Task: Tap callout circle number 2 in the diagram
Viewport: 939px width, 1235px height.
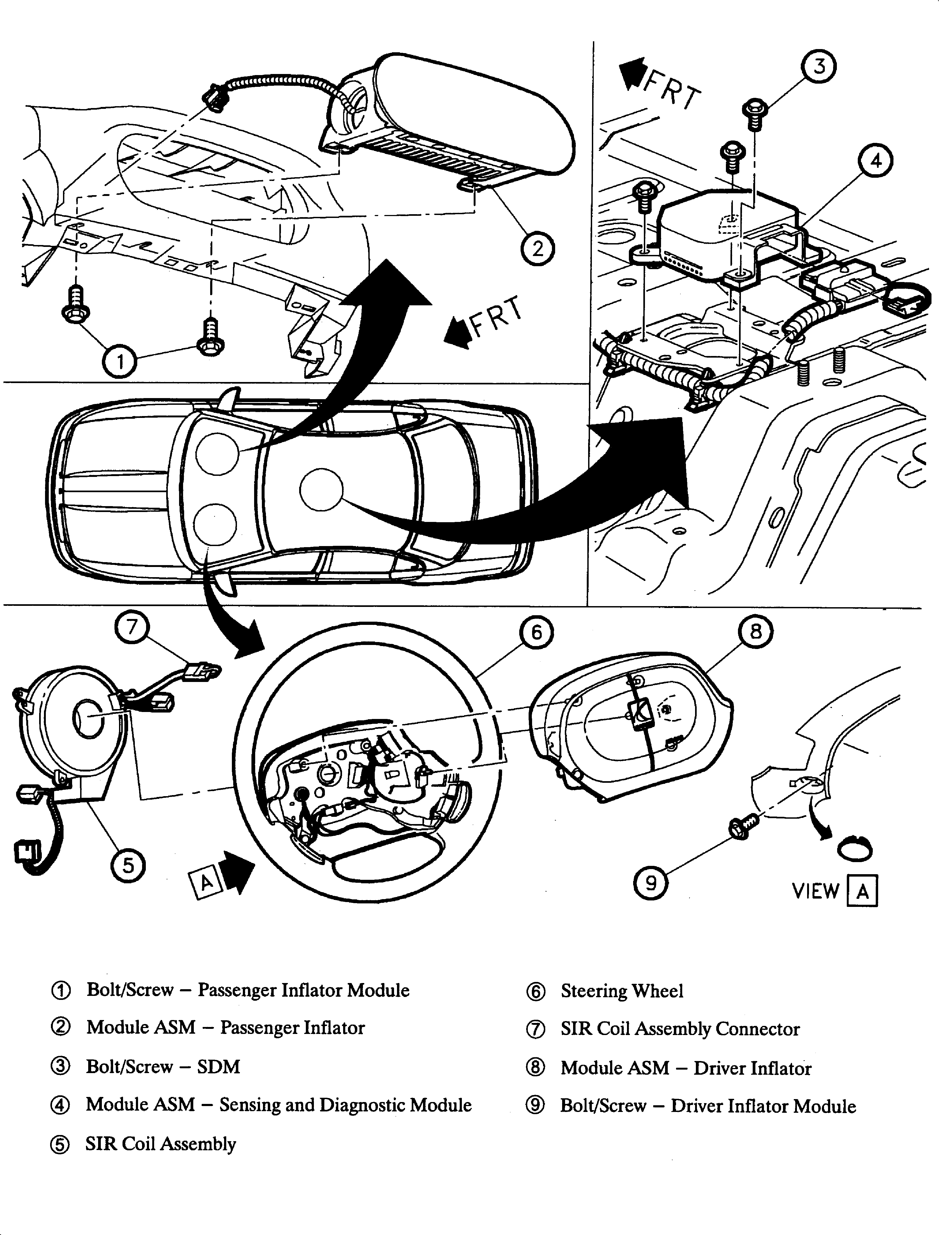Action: coord(538,248)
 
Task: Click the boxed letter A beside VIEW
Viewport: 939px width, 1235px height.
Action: coord(862,891)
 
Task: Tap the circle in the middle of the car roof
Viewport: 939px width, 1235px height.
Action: coord(321,489)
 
